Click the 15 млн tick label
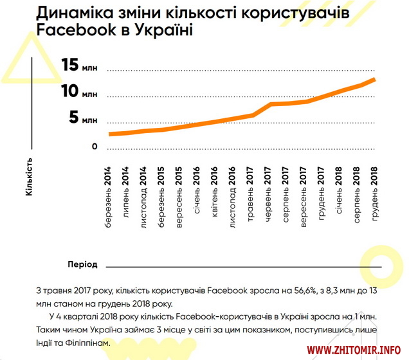tap(80, 66)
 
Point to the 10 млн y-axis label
tap(80, 92)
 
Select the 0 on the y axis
tap(95, 146)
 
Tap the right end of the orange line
tap(374, 79)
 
